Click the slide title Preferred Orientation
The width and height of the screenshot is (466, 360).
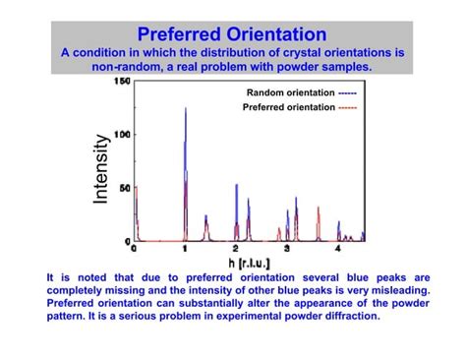[x=232, y=34]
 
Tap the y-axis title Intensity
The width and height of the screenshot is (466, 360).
[x=101, y=171]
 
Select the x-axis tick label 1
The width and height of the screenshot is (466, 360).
[x=185, y=249]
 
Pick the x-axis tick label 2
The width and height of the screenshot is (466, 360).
[x=236, y=249]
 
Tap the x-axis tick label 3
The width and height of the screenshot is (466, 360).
[x=286, y=249]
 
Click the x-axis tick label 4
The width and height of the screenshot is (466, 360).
[x=337, y=249]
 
